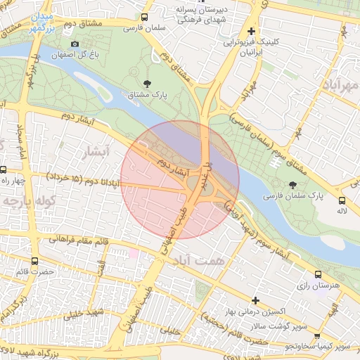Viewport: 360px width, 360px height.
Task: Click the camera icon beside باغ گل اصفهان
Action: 75,44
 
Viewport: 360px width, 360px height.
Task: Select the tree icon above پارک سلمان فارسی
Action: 292,184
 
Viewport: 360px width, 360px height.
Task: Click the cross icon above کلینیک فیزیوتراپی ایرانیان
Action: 251,31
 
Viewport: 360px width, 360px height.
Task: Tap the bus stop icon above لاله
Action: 342,199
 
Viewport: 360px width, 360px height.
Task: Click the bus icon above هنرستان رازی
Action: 319,275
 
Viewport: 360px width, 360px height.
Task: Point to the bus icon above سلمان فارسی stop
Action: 144,18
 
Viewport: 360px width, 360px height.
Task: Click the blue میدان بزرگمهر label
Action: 38,24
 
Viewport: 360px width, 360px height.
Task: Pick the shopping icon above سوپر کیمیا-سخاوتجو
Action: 317,337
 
